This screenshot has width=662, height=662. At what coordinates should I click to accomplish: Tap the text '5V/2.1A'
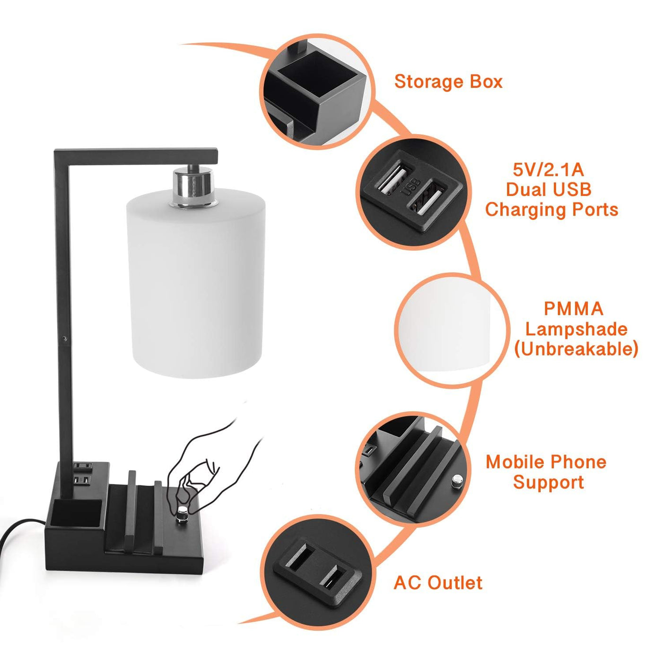click(x=548, y=169)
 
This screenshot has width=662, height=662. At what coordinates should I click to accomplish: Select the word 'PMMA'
click(x=574, y=308)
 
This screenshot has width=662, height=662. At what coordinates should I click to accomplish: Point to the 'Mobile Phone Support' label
click(x=546, y=472)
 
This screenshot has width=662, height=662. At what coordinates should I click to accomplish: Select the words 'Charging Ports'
click(x=551, y=209)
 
